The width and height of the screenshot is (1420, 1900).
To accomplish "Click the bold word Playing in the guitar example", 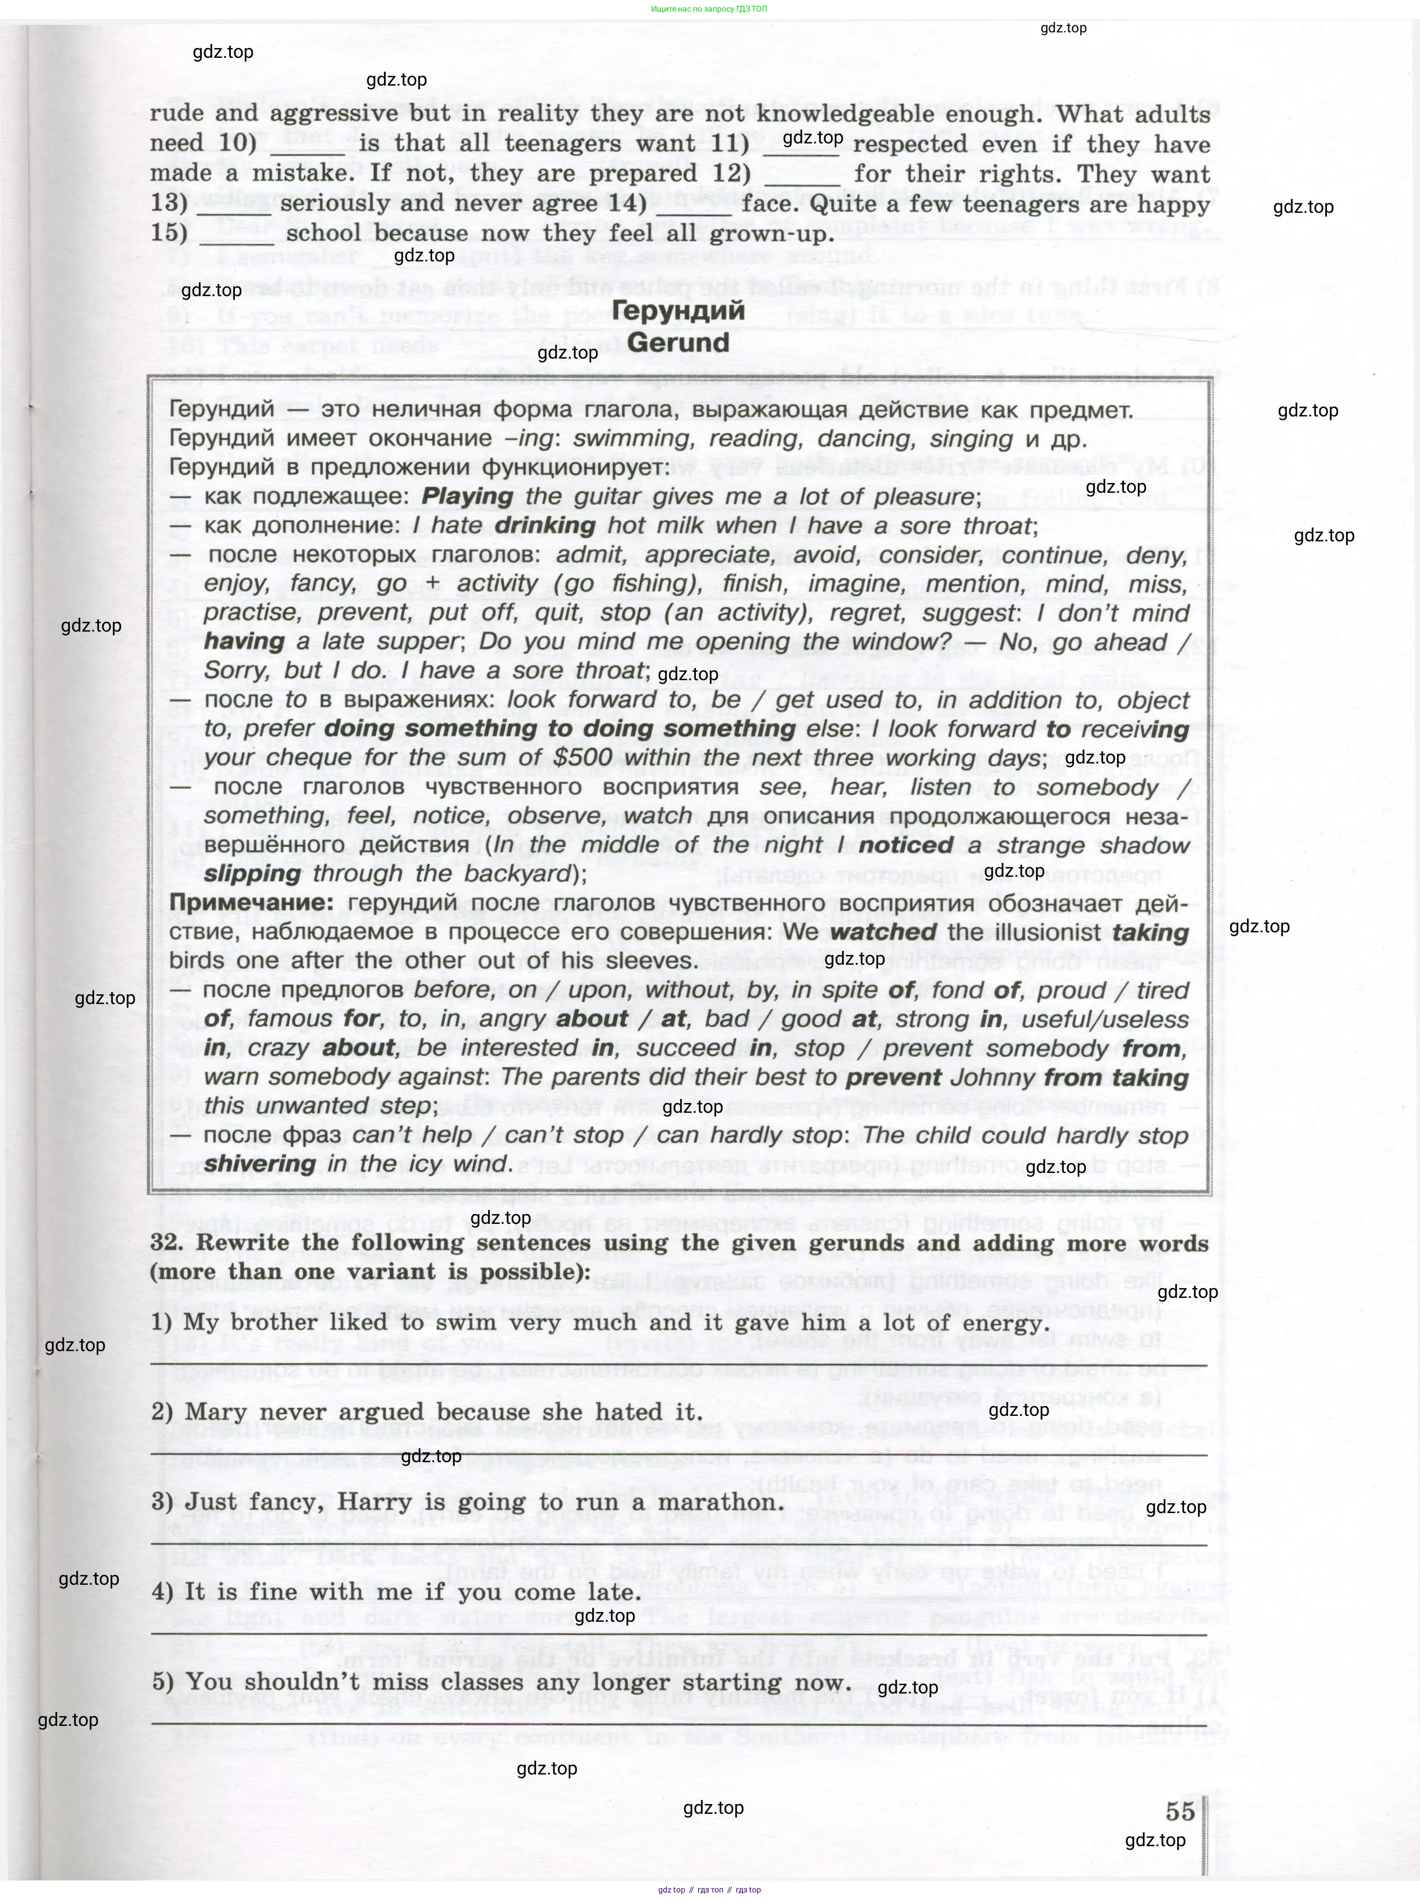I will [467, 496].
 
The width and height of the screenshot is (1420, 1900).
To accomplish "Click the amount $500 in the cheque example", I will [582, 758].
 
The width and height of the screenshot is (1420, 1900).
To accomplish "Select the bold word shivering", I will [260, 1164].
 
